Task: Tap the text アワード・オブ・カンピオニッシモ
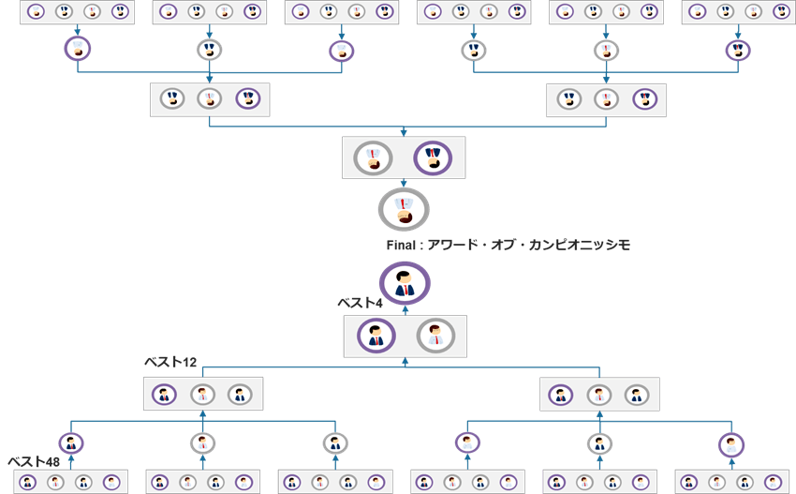tap(530, 246)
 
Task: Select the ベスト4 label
tap(361, 304)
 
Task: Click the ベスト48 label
tap(35, 462)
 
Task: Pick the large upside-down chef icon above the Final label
tap(404, 208)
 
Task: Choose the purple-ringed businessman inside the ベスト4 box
tap(376, 335)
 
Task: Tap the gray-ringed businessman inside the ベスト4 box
tap(435, 335)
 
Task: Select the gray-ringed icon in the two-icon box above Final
tap(373, 157)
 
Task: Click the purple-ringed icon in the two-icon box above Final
tap(433, 157)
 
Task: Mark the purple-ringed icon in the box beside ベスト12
tap(165, 395)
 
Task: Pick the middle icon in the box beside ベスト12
tap(202, 395)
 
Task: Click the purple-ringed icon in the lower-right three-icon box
tap(561, 395)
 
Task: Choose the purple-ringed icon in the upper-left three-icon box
tap(248, 98)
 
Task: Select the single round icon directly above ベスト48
tap(70, 442)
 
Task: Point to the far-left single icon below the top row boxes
tap(78, 50)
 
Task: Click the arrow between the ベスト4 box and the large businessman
tap(404, 309)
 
